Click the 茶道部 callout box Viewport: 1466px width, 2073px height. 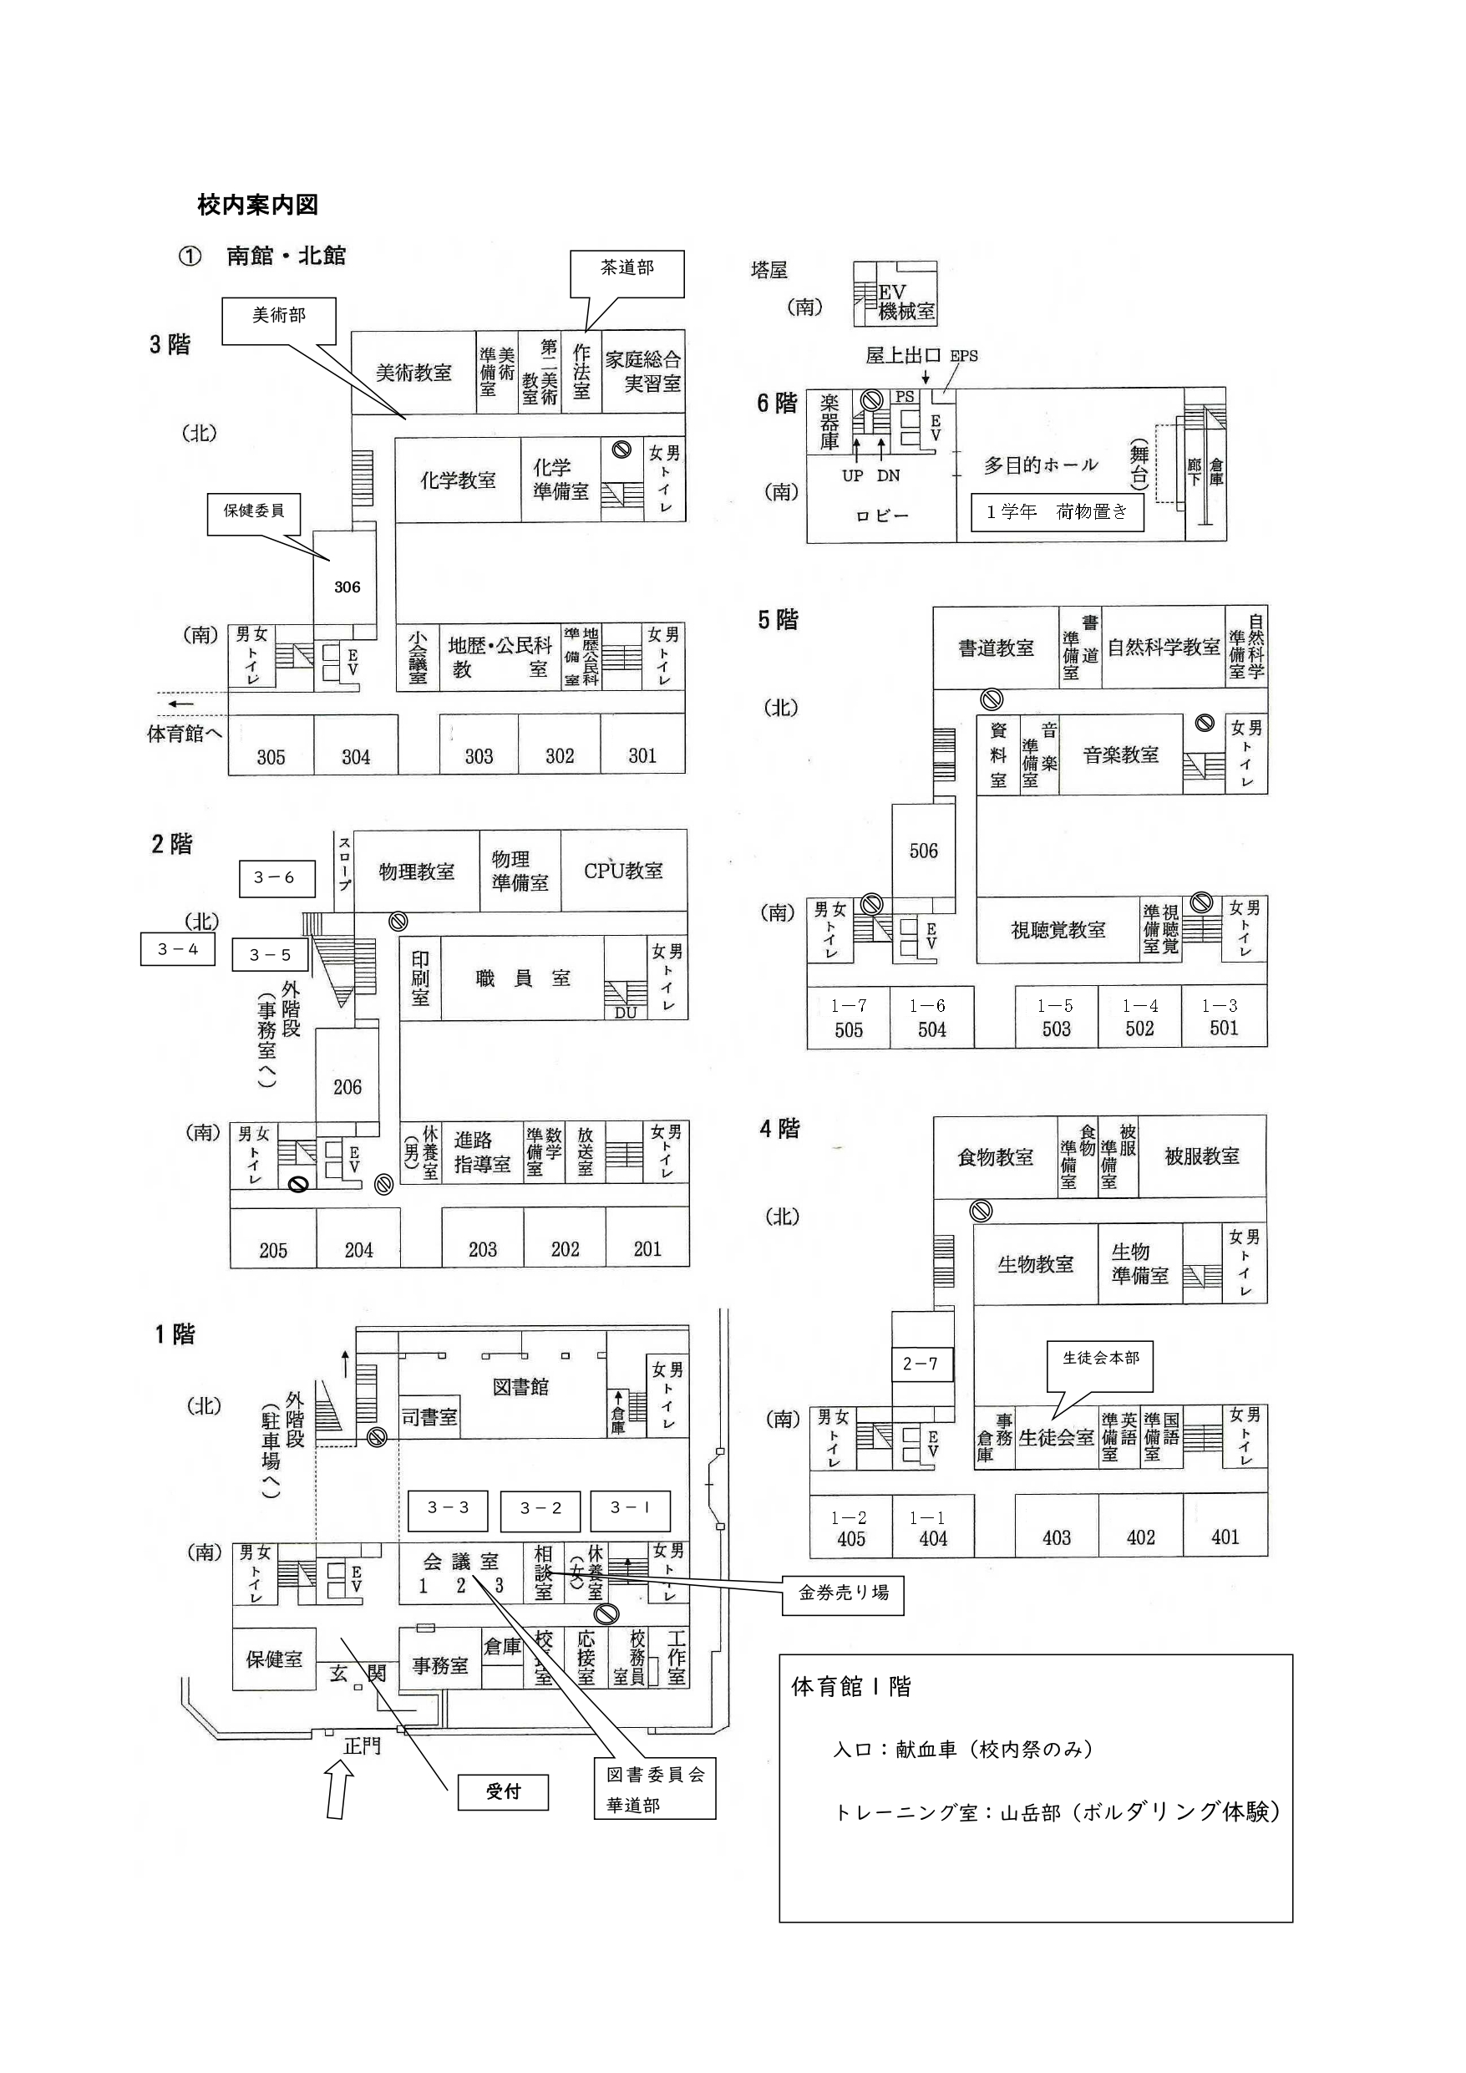point(626,272)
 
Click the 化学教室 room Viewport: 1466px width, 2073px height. point(458,480)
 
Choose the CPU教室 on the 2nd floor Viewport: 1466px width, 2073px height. point(623,871)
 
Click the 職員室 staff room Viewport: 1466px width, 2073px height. point(523,978)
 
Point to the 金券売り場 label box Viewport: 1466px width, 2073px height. point(843,1593)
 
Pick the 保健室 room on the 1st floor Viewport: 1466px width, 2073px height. point(273,1659)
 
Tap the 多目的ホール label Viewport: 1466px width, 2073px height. point(1040,465)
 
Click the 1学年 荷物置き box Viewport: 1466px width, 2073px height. point(1057,512)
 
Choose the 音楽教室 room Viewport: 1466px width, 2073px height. point(1120,755)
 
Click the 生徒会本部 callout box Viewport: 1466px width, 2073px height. point(1100,1359)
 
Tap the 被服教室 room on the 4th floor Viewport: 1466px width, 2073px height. point(1201,1156)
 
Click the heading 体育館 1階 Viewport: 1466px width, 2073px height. point(850,1687)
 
